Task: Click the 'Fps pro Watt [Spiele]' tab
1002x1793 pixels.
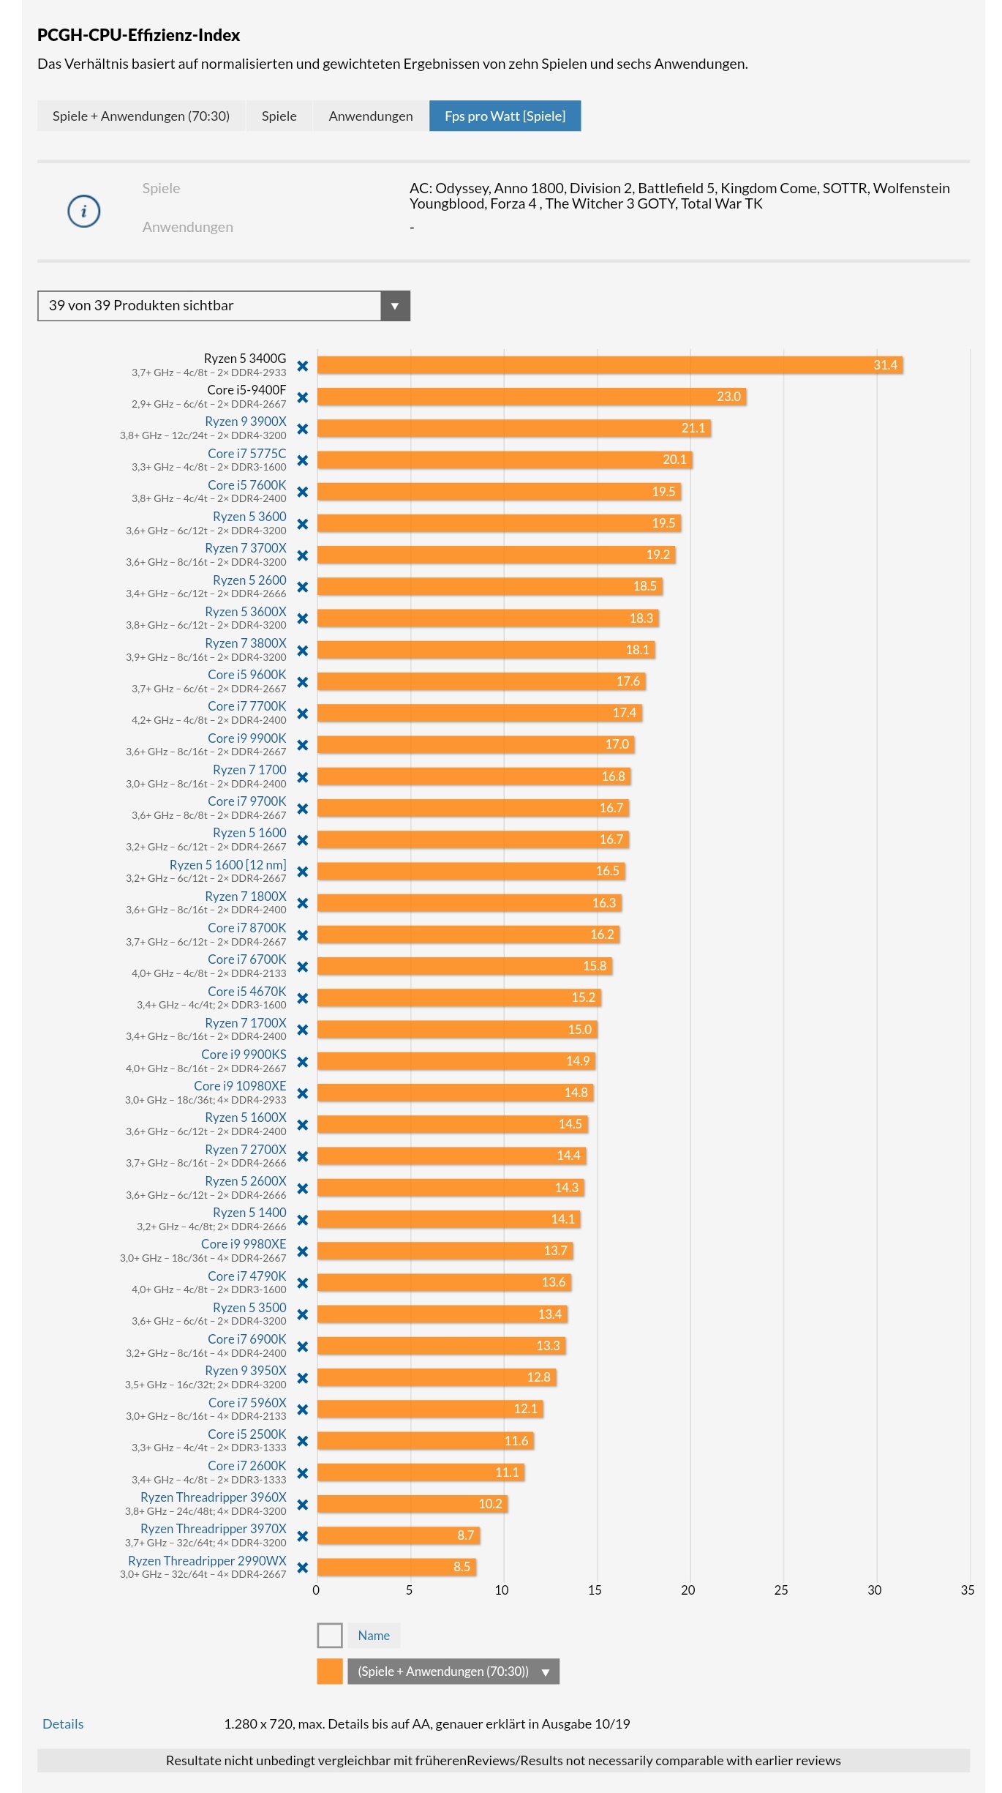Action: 505,116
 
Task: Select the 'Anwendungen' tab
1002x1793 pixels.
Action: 370,116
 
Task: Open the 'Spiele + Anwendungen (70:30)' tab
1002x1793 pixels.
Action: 141,116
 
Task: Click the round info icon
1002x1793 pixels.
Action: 84,212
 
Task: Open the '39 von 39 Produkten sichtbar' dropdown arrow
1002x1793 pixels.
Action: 395,306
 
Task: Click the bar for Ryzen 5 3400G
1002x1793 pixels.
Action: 610,364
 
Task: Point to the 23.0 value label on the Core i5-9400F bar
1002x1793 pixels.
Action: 728,397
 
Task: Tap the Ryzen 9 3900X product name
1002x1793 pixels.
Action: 246,422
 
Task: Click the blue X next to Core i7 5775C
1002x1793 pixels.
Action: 303,460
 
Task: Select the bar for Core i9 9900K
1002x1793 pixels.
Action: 475,744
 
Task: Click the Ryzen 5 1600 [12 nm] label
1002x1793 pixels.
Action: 228,865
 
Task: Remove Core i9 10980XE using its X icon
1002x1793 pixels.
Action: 303,1093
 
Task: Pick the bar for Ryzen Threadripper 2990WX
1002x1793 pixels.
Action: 396,1567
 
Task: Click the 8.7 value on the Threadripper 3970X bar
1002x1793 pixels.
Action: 466,1535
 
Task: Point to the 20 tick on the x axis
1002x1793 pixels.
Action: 688,1590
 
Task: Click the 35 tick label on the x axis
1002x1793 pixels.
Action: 968,1590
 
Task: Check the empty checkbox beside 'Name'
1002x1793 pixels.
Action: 330,1636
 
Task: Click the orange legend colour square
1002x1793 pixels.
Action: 330,1672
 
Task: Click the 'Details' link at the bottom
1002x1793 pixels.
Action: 63,1724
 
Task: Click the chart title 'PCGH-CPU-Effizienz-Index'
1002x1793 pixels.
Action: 139,35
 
